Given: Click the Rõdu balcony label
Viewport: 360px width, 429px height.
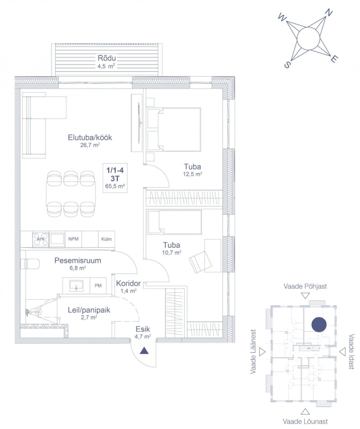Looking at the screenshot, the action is pyautogui.click(x=107, y=58).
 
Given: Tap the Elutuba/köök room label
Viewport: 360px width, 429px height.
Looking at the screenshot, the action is pyautogui.click(x=90, y=137).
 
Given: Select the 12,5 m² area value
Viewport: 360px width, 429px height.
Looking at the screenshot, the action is pyautogui.click(x=192, y=174).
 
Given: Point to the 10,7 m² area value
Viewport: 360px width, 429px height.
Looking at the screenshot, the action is pyautogui.click(x=171, y=252).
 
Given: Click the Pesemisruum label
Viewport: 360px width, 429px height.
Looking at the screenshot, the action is pyautogui.click(x=78, y=260).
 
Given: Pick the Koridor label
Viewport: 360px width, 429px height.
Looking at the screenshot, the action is pyautogui.click(x=128, y=283).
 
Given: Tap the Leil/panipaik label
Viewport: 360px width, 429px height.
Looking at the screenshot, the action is pyautogui.click(x=89, y=310).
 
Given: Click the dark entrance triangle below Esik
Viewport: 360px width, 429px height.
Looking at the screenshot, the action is pyautogui.click(x=144, y=351).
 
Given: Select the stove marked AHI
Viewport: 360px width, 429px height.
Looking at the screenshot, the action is pyautogui.click(x=41, y=239).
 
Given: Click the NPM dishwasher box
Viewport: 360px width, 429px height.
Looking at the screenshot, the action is pyautogui.click(x=73, y=239).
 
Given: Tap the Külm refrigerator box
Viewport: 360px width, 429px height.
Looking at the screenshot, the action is pyautogui.click(x=106, y=239).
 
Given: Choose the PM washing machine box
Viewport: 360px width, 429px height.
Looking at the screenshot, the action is pyautogui.click(x=98, y=286).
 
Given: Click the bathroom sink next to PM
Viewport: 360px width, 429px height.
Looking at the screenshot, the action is pyautogui.click(x=76, y=286).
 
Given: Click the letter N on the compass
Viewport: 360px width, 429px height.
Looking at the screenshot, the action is pyautogui.click(x=329, y=13).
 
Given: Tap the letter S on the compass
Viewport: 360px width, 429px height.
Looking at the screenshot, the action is pyautogui.click(x=287, y=65).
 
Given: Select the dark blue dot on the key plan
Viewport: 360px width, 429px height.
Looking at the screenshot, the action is pyautogui.click(x=319, y=324).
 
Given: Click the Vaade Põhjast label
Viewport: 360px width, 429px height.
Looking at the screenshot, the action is pyautogui.click(x=305, y=286).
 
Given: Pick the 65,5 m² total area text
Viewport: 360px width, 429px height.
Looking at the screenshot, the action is pyautogui.click(x=115, y=186).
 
